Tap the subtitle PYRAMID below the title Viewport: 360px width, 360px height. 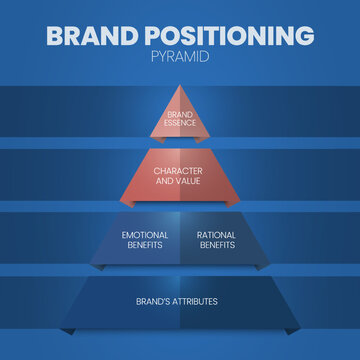click(180, 58)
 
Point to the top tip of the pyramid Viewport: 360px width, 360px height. click(180, 87)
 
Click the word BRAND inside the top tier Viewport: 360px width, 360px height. click(180, 115)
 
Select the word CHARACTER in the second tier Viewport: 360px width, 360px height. click(180, 170)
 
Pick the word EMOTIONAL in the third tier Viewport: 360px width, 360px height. click(146, 235)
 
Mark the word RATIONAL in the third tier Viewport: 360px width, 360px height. click(215, 235)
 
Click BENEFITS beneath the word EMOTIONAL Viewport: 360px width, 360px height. click(146, 244)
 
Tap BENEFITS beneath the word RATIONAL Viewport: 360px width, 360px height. click(215, 244)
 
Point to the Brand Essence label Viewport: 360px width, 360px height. click(180, 118)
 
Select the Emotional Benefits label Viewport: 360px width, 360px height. click(146, 239)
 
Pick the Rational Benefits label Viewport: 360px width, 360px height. click(215, 239)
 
